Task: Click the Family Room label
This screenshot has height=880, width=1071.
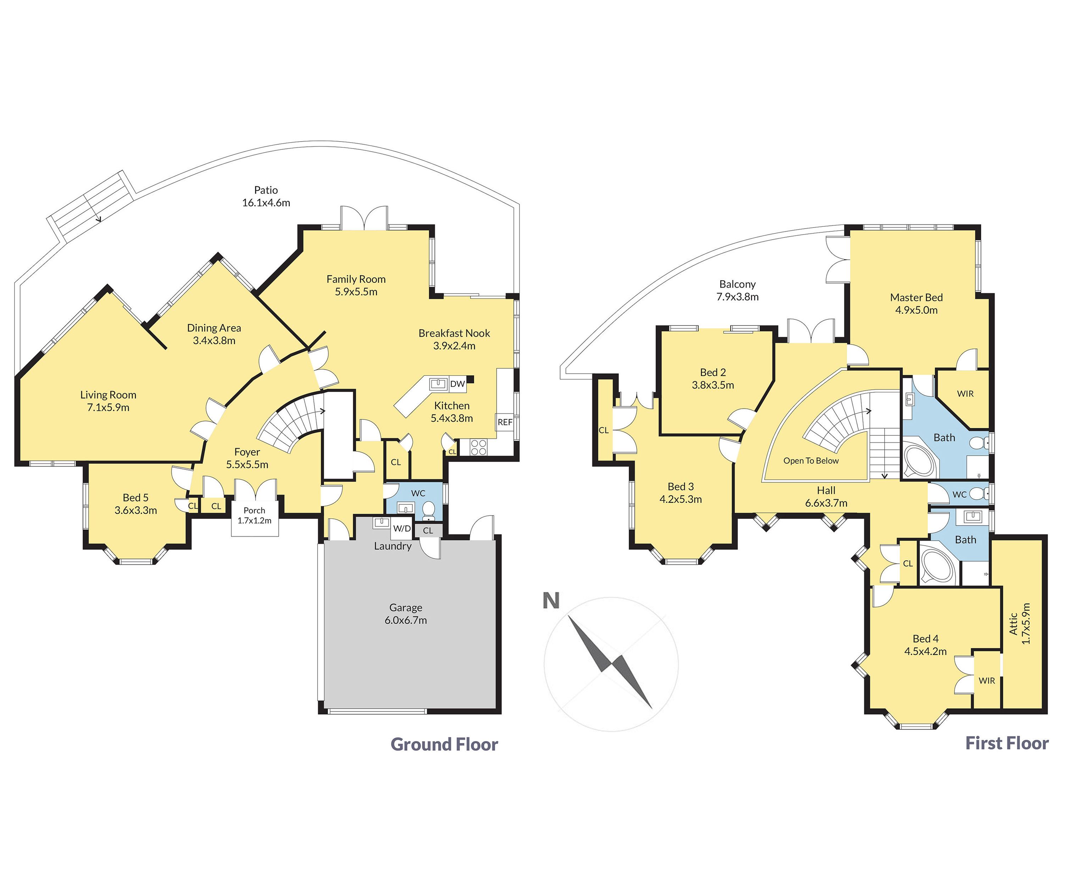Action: pyautogui.click(x=356, y=279)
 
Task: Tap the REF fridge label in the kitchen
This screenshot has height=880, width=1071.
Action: pyautogui.click(x=505, y=422)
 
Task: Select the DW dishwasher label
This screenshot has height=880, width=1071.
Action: pyautogui.click(x=457, y=384)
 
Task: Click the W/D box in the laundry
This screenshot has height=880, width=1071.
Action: pyautogui.click(x=402, y=529)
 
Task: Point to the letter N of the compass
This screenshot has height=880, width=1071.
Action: pyautogui.click(x=551, y=601)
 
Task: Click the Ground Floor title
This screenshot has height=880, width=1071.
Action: pyautogui.click(x=444, y=744)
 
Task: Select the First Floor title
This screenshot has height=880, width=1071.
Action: pyautogui.click(x=1007, y=743)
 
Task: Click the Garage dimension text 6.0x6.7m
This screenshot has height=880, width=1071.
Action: pyautogui.click(x=406, y=620)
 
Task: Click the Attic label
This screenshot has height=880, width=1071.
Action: pyautogui.click(x=1014, y=623)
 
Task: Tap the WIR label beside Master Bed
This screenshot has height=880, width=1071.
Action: pyautogui.click(x=965, y=394)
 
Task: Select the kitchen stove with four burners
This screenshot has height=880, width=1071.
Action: pyautogui.click(x=479, y=447)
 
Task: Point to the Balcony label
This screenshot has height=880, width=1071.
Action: pyautogui.click(x=737, y=284)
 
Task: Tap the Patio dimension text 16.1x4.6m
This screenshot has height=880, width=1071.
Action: pyautogui.click(x=266, y=203)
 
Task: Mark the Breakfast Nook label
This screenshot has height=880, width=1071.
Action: pyautogui.click(x=454, y=333)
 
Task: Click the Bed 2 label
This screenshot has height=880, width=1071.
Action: pyautogui.click(x=713, y=373)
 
